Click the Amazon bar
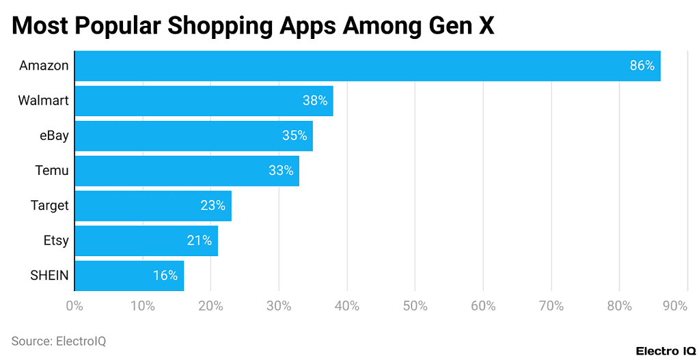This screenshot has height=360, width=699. click(x=367, y=66)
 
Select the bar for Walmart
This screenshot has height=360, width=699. click(x=204, y=101)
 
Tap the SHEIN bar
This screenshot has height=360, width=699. click(x=129, y=276)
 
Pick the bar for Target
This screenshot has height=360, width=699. click(x=153, y=206)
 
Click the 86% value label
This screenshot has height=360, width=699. click(x=642, y=66)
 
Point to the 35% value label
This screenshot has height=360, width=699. click(x=294, y=136)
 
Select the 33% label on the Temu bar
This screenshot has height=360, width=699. click(x=281, y=171)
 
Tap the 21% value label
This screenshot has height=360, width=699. click(x=200, y=240)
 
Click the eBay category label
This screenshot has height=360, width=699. click(x=54, y=136)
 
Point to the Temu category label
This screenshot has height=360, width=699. click(x=52, y=171)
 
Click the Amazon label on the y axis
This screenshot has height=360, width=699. click(x=44, y=66)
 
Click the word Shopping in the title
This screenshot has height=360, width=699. click(x=222, y=26)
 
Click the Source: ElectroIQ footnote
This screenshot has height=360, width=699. click(x=59, y=340)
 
